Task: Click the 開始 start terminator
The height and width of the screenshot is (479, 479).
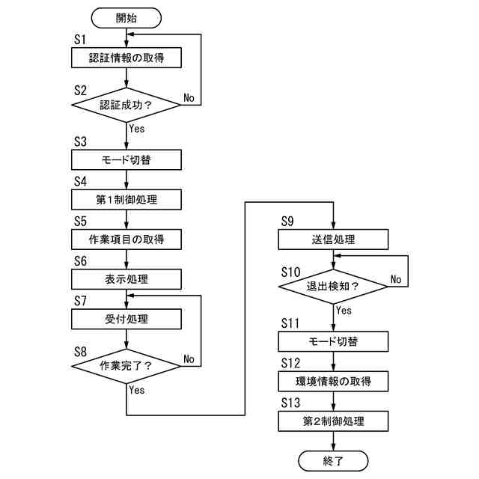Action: (x=126, y=18)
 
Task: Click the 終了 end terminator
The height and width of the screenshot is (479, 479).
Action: (x=333, y=460)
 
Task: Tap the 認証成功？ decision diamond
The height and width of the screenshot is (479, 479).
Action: (x=126, y=105)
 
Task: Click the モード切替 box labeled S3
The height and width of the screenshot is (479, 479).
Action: (x=126, y=159)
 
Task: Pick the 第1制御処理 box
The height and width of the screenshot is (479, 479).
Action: (x=126, y=200)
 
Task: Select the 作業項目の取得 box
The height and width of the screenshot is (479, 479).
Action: (x=126, y=239)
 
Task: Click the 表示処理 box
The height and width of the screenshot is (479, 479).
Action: (x=126, y=279)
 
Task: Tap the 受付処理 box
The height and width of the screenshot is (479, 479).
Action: (x=126, y=319)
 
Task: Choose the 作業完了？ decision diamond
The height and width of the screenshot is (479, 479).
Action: (x=126, y=366)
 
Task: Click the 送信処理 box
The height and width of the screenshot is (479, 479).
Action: (x=334, y=239)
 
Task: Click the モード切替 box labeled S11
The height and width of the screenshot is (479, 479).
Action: (x=334, y=342)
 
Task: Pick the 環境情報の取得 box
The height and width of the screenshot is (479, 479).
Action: (x=334, y=382)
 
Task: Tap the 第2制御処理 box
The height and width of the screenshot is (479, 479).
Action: (x=334, y=421)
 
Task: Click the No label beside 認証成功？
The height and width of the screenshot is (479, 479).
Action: (x=189, y=98)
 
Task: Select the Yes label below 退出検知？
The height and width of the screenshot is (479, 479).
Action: (x=344, y=310)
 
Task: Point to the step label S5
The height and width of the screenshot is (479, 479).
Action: (x=81, y=222)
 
